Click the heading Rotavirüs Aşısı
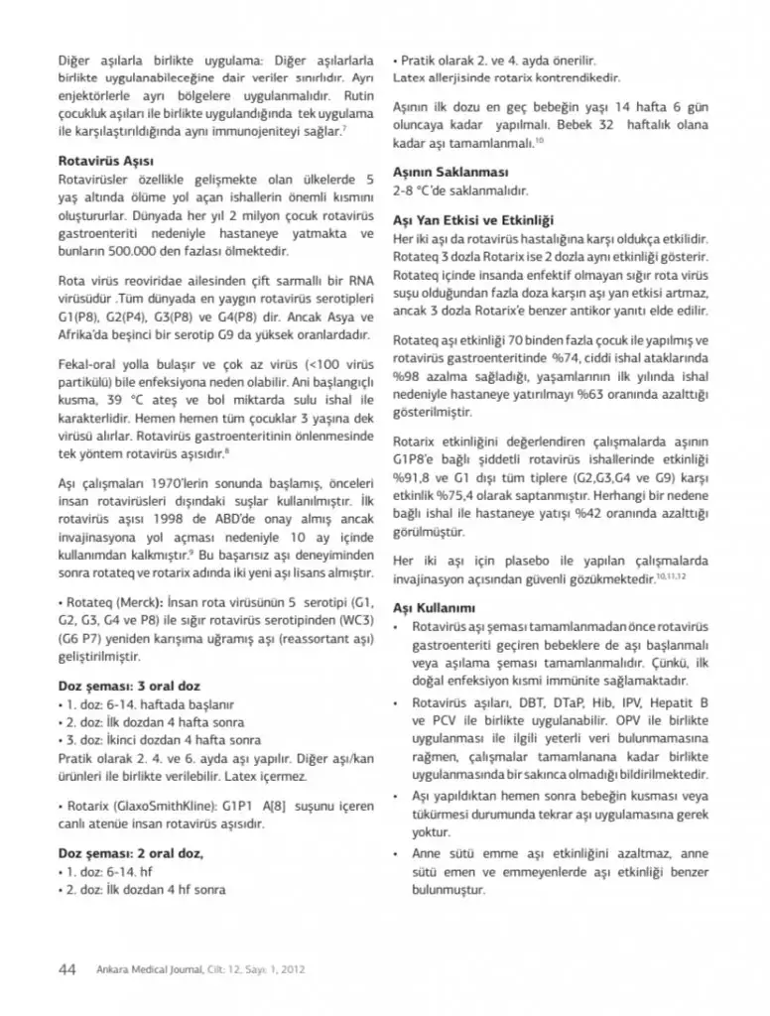pos(104,161)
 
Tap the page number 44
pos(68,969)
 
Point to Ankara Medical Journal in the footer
pos(146,970)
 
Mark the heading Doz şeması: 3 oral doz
pos(129,685)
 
